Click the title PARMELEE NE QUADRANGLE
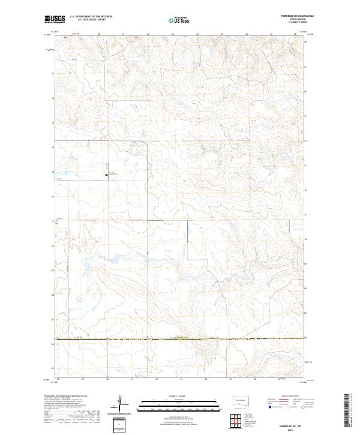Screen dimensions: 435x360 (289, 17)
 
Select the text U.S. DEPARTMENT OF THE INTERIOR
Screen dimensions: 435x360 (91, 17)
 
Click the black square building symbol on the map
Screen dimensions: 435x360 (107, 175)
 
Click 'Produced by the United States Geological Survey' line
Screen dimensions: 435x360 (63, 395)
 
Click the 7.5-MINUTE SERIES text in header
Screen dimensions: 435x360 (289, 23)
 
